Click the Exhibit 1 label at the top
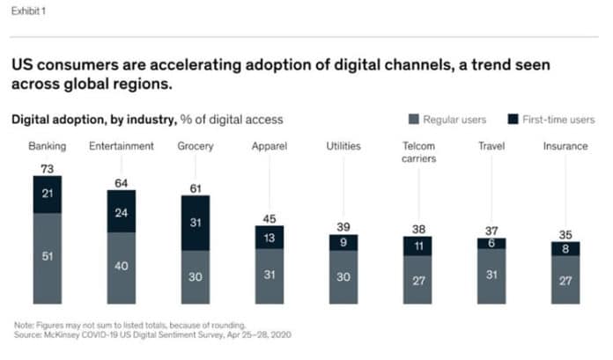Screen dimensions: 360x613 (x=27, y=11)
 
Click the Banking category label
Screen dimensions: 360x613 (x=47, y=146)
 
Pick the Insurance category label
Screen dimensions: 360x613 (x=565, y=146)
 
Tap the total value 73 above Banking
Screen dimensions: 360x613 (x=48, y=167)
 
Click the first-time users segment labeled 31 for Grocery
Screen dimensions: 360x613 (x=196, y=223)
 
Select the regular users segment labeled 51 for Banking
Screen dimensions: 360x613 (x=48, y=258)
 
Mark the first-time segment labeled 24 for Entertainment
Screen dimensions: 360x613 (x=122, y=212)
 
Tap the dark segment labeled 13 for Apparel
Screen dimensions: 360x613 (x=270, y=237)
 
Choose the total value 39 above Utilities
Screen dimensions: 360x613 (x=343, y=226)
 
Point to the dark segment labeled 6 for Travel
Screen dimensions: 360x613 (x=491, y=243)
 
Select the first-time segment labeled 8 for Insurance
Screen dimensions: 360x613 (x=565, y=249)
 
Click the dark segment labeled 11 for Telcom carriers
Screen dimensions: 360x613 (x=417, y=247)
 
